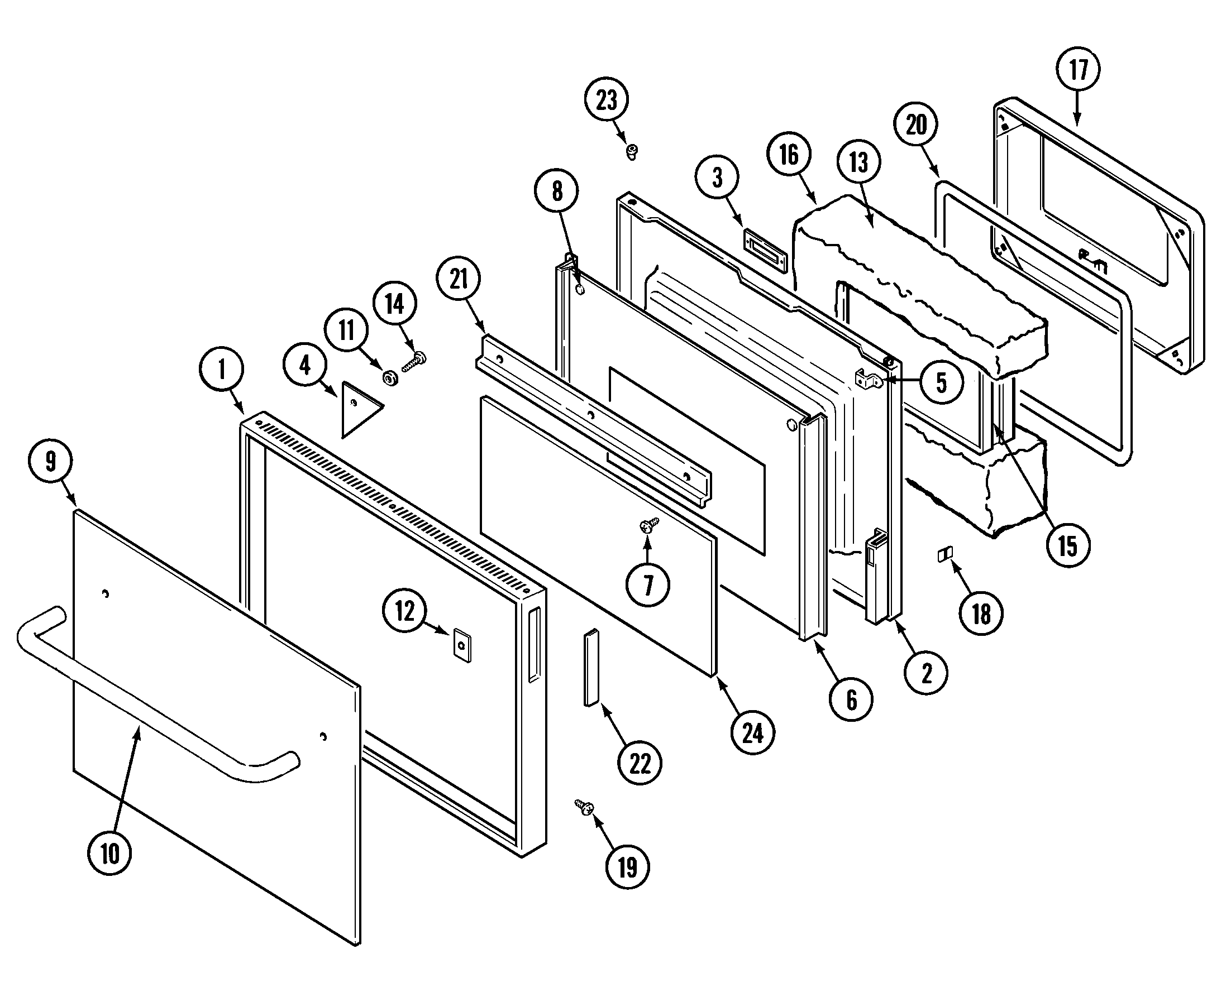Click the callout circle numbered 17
(x=1077, y=70)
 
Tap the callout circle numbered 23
(x=606, y=99)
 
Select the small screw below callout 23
(x=632, y=151)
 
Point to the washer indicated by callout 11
(x=390, y=377)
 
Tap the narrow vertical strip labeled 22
(x=590, y=668)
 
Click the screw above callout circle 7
(x=648, y=524)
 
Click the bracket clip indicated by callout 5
(x=869, y=380)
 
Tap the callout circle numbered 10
(x=109, y=852)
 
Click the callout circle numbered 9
(x=50, y=461)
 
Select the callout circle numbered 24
(x=752, y=732)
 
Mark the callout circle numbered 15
(x=1067, y=546)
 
